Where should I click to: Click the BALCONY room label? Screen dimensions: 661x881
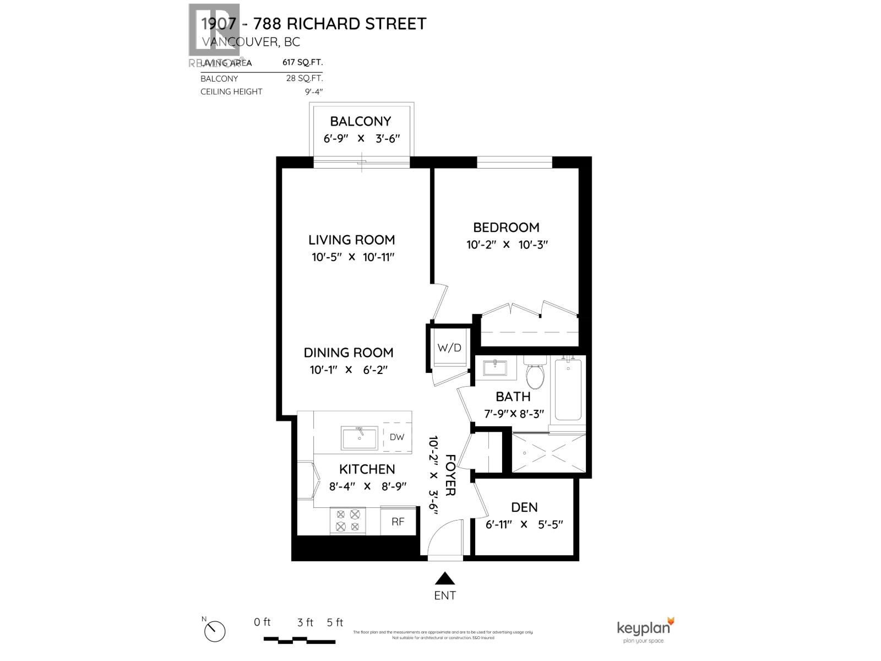(x=360, y=121)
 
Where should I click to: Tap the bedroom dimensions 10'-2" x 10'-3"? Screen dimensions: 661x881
(x=507, y=245)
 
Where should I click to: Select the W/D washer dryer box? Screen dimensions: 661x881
(x=449, y=348)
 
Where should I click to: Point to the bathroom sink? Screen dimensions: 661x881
(x=495, y=367)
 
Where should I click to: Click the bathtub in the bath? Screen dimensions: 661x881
(x=568, y=389)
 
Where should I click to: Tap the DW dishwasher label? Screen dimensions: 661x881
(x=397, y=437)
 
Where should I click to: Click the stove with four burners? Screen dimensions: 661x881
(x=347, y=521)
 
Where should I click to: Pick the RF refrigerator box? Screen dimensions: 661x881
(x=398, y=521)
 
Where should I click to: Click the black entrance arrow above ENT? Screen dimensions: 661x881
(x=445, y=578)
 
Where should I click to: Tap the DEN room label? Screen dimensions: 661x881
(x=524, y=507)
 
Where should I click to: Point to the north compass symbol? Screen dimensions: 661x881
(x=215, y=630)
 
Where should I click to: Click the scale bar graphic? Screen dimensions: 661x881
(x=299, y=640)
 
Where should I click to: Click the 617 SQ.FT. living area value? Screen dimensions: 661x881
(x=302, y=63)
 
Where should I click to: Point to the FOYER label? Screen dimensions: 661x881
(x=450, y=475)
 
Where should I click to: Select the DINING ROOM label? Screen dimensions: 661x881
(x=349, y=353)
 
